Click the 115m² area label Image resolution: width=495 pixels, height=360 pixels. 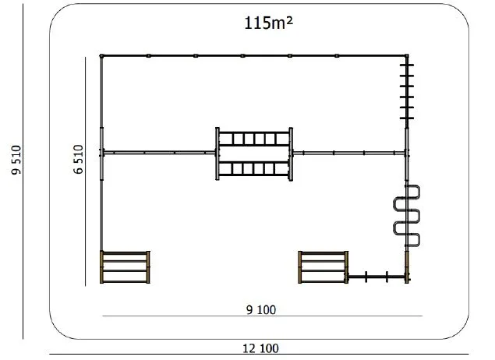269,23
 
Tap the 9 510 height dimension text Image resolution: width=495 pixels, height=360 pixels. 16,160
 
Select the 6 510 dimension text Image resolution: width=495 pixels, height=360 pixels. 78,159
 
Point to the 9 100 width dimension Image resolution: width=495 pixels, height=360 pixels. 261,310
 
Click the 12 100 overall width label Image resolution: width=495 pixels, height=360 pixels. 260,348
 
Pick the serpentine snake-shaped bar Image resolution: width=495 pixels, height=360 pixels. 407,217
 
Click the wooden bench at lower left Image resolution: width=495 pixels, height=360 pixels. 125,267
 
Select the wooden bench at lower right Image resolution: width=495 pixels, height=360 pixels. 324,267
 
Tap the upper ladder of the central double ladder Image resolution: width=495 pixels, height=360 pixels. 254,139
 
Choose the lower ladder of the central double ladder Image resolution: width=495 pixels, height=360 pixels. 254,168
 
